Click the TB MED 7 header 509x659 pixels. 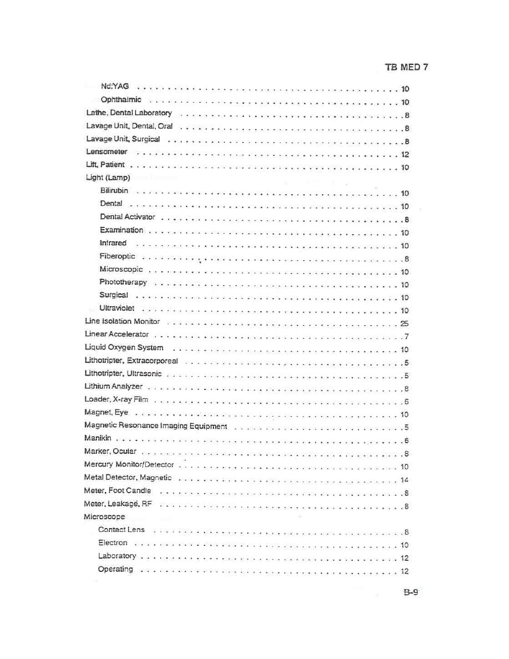click(406, 68)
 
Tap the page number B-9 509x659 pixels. click(410, 592)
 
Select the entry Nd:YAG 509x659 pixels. click(115, 87)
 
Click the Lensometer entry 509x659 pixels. click(106, 151)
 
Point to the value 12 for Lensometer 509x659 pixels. click(405, 155)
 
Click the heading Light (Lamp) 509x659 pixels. click(108, 178)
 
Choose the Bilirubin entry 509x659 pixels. click(114, 191)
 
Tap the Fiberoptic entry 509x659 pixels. click(117, 256)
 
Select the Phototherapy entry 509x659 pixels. click(123, 282)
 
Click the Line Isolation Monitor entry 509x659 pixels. click(122, 322)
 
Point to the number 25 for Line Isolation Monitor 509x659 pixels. click(404, 324)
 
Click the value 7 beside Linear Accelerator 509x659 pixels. click(406, 337)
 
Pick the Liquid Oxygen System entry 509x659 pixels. click(124, 348)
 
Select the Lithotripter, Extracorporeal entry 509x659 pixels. click(131, 361)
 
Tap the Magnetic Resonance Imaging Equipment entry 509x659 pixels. click(156, 427)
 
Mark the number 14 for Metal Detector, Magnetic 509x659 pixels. click(404, 480)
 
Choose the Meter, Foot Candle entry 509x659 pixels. click(117, 491)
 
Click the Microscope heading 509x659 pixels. click(104, 517)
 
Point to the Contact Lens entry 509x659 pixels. click(121, 530)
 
